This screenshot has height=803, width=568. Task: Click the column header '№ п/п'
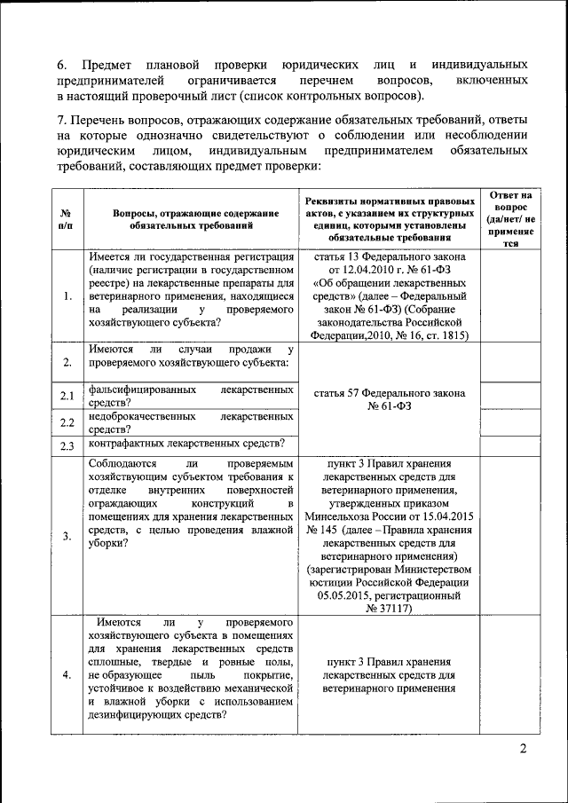(67, 220)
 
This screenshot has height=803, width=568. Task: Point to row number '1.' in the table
(67, 296)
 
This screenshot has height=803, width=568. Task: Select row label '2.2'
(67, 421)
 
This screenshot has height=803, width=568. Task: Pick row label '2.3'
(67, 445)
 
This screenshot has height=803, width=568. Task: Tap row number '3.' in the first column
(67, 536)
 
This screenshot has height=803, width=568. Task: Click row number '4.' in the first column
(67, 674)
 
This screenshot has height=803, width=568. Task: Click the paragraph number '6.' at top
(62, 66)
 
